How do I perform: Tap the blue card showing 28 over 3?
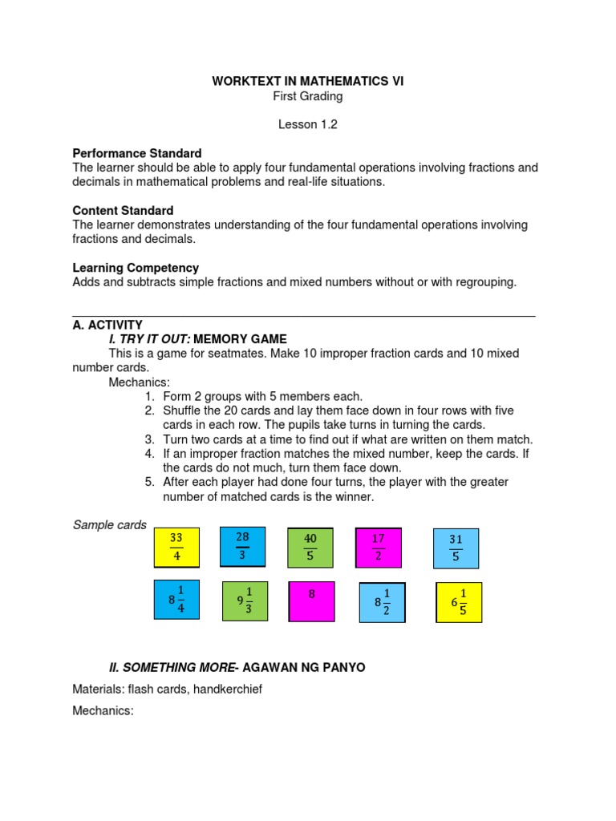tap(242, 546)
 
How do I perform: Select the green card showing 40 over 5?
tap(310, 548)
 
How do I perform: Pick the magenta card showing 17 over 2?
tap(379, 548)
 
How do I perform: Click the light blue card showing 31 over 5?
tap(456, 548)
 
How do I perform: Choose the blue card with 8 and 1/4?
tap(176, 601)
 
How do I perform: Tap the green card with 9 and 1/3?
tap(245, 601)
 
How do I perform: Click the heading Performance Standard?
tap(136, 153)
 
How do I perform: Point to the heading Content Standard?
tap(123, 211)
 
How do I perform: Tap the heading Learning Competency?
tap(136, 268)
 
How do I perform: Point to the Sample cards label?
tap(109, 525)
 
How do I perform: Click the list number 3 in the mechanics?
tap(149, 439)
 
